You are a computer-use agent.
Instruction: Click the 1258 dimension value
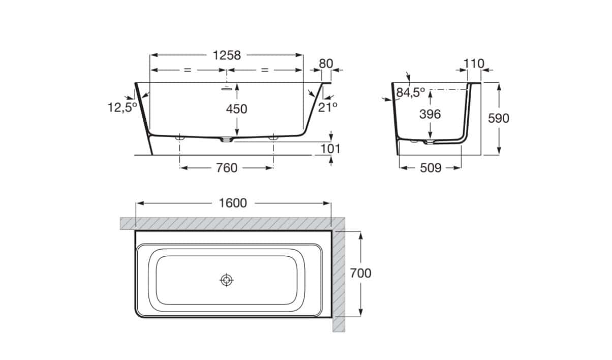pos(227,55)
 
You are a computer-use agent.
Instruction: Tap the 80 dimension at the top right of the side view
pos(326,64)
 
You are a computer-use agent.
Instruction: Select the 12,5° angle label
pos(122,107)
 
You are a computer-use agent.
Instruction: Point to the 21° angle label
pos(327,107)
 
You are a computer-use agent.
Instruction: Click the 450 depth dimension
pos(236,109)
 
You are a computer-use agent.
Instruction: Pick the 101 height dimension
pos(330,149)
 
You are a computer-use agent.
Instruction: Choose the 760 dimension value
pos(227,168)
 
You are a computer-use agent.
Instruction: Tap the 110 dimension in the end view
pos(474,64)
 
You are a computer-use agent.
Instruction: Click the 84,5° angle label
pos(411,93)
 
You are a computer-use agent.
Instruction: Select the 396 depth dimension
pos(430,114)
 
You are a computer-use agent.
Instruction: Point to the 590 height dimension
pos(499,118)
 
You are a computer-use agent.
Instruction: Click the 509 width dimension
pos(431,168)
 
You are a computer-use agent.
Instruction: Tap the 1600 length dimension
pos(233,203)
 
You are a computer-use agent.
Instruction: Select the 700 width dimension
pos(361,273)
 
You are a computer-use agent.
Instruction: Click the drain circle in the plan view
pos(227,280)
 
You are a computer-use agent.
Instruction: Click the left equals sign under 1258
pos(188,70)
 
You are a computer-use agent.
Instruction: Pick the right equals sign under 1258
pos(265,70)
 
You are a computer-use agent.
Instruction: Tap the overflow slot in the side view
pos(226,88)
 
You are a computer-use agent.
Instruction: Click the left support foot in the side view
pos(180,138)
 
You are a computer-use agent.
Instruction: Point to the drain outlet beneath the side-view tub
pos(227,140)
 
